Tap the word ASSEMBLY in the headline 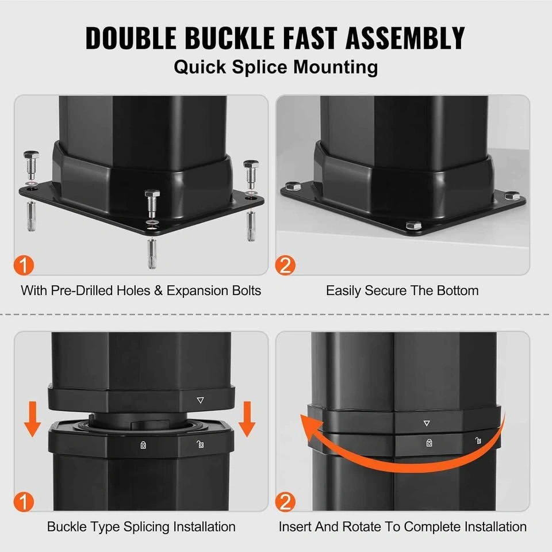[405, 38]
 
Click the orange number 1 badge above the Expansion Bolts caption [24, 265]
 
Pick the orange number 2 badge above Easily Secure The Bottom [285, 265]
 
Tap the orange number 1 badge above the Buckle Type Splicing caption [24, 501]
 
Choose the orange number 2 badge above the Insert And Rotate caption [285, 501]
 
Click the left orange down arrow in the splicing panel [32, 419]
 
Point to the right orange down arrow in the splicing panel [247, 419]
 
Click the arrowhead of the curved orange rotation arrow [310, 426]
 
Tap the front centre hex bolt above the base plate [152, 204]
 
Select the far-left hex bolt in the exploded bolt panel [31, 164]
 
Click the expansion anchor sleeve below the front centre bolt [152, 253]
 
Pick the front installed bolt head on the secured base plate [413, 225]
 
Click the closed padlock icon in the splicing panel [143, 445]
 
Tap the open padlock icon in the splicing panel [200, 444]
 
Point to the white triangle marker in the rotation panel [427, 423]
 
